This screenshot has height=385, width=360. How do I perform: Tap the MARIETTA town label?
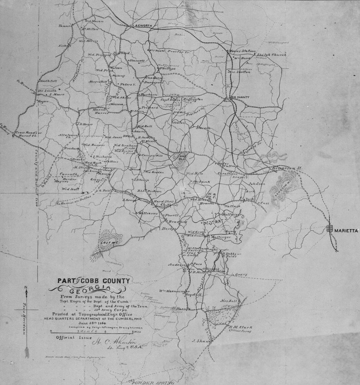(x=345, y=230)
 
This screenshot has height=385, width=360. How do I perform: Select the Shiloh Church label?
(x=269, y=55)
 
